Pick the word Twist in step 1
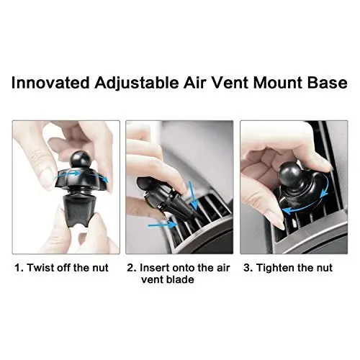(x=41, y=268)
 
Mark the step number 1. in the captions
(x=19, y=268)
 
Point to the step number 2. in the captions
(x=132, y=268)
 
